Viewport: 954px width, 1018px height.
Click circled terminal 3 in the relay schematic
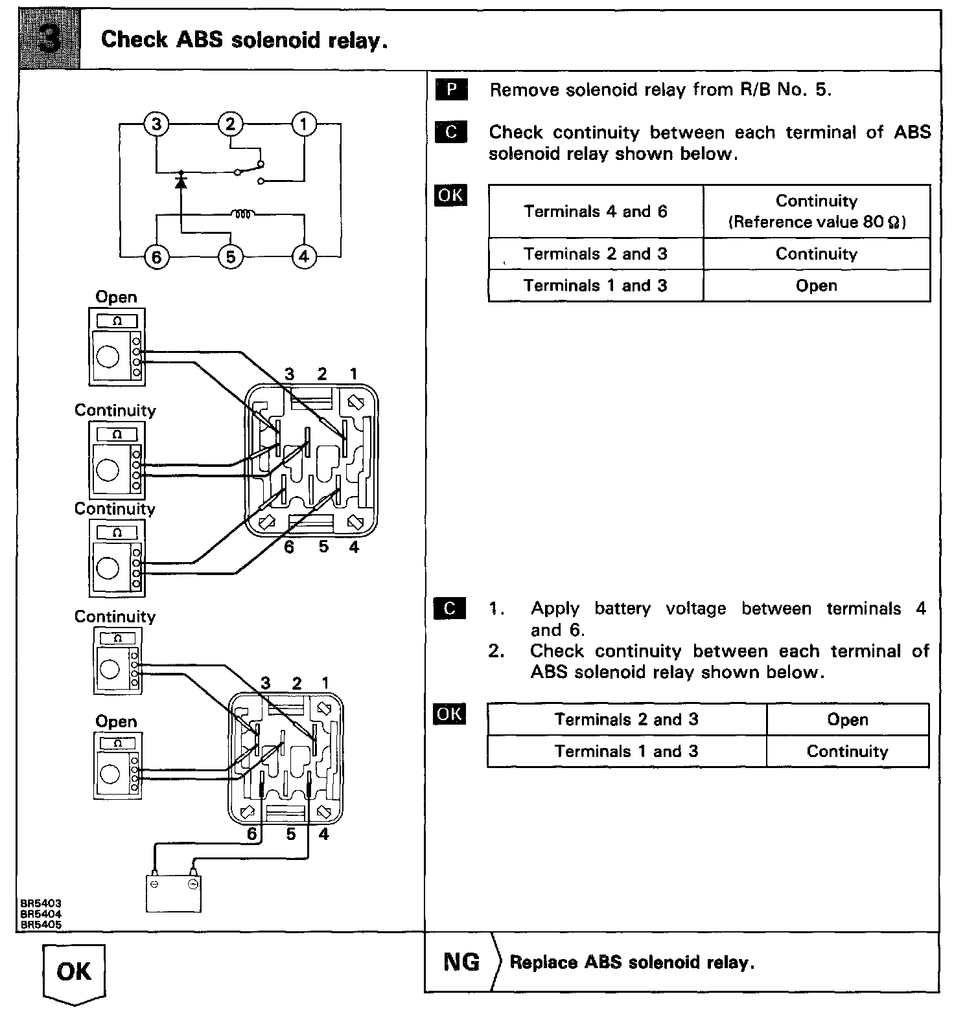coord(156,123)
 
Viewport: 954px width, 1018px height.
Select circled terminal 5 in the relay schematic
coord(230,257)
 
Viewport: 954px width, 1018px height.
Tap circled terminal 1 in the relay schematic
coord(303,123)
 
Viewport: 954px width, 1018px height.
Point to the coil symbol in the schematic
coord(243,213)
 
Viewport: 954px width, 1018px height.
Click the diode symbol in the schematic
coord(181,181)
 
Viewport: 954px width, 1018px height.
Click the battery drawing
coord(173,892)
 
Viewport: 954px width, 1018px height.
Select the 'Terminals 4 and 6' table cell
coord(595,212)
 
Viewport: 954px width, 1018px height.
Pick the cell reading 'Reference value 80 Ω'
coord(816,222)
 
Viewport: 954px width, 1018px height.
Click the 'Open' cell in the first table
coord(816,286)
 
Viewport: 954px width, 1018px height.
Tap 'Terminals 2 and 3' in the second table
coord(626,719)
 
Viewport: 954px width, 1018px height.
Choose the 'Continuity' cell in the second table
coord(847,751)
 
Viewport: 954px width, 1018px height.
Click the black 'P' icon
coord(451,90)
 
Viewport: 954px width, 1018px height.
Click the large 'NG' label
coord(461,962)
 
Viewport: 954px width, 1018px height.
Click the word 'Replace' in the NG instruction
coord(543,962)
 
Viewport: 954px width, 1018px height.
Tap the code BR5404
coord(41,914)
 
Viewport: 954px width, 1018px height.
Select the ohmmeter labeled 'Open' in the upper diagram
coord(117,345)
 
